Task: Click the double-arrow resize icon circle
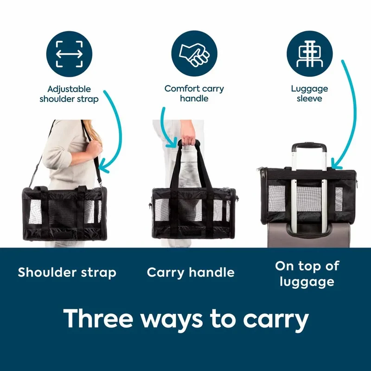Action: (69, 54)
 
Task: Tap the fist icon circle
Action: (194, 53)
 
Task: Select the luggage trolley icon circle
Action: (309, 54)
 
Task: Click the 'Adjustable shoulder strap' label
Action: (69, 94)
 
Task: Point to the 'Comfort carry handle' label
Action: (194, 94)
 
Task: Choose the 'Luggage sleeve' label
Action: (309, 94)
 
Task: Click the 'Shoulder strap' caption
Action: (67, 273)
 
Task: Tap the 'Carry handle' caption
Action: (191, 273)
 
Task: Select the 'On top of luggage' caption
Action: (307, 274)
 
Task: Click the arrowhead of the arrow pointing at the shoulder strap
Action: (102, 167)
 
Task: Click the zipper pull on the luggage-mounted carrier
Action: (261, 169)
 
